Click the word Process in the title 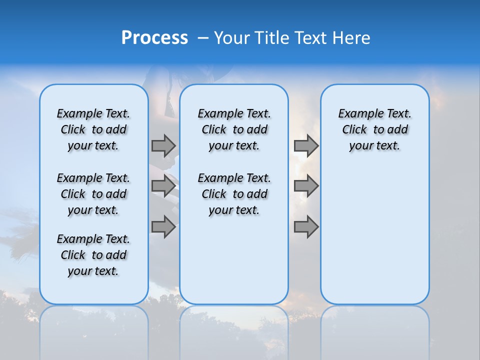point(154,38)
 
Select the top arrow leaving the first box point(163,145)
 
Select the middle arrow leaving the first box point(163,186)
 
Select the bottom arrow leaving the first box point(163,227)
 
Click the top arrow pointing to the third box point(306,145)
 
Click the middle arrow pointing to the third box point(306,186)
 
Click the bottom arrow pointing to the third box point(306,227)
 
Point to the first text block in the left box point(93,129)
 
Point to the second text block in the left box point(93,194)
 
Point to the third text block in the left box point(93,255)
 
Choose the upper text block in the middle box point(234,129)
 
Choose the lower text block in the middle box point(234,194)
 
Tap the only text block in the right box point(374,129)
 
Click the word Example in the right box point(356,113)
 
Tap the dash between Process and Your point(203,38)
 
